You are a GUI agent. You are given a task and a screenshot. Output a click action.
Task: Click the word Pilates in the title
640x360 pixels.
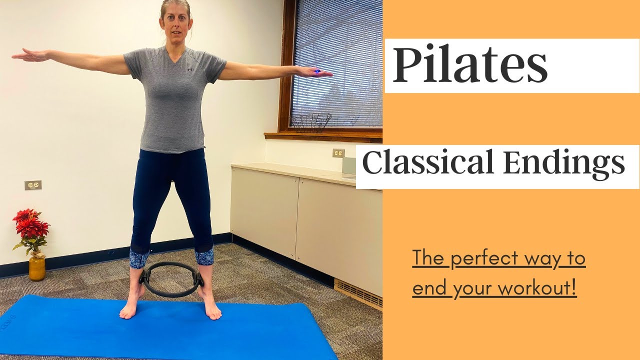[x=470, y=66]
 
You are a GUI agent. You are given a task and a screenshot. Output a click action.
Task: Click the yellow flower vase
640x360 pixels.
[x=36, y=268]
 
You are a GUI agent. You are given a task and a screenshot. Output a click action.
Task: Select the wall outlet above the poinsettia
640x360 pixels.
[x=33, y=185]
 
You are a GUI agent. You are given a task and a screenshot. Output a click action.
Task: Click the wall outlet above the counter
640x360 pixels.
[x=338, y=153]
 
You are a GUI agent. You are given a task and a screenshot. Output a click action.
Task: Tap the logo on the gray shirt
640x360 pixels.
[x=190, y=69]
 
